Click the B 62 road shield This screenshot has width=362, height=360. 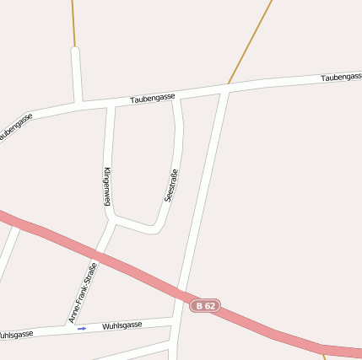pyautogui.click(x=205, y=305)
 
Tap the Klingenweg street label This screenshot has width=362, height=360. pyautogui.click(x=107, y=185)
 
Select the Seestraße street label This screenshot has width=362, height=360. pyautogui.click(x=171, y=186)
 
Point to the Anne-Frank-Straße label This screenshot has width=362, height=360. pyautogui.click(x=83, y=293)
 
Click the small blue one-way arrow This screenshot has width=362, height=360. pyautogui.click(x=82, y=328)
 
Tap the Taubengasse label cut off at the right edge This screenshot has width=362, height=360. pyautogui.click(x=341, y=78)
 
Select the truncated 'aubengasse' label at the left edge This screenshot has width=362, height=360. pyautogui.click(x=16, y=126)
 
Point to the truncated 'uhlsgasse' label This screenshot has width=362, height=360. pyautogui.click(x=16, y=335)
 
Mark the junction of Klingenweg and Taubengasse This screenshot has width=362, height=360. pyautogui.click(x=110, y=105)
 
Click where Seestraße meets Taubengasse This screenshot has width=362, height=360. pyautogui.click(x=176, y=98)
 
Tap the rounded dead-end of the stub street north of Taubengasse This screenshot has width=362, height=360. pyautogui.click(x=75, y=51)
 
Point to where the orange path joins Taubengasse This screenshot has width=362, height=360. pyautogui.click(x=228, y=86)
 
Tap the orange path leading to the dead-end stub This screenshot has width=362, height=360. pyautogui.click(x=73, y=21)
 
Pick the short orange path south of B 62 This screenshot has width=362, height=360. pyautogui.click(x=324, y=355)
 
